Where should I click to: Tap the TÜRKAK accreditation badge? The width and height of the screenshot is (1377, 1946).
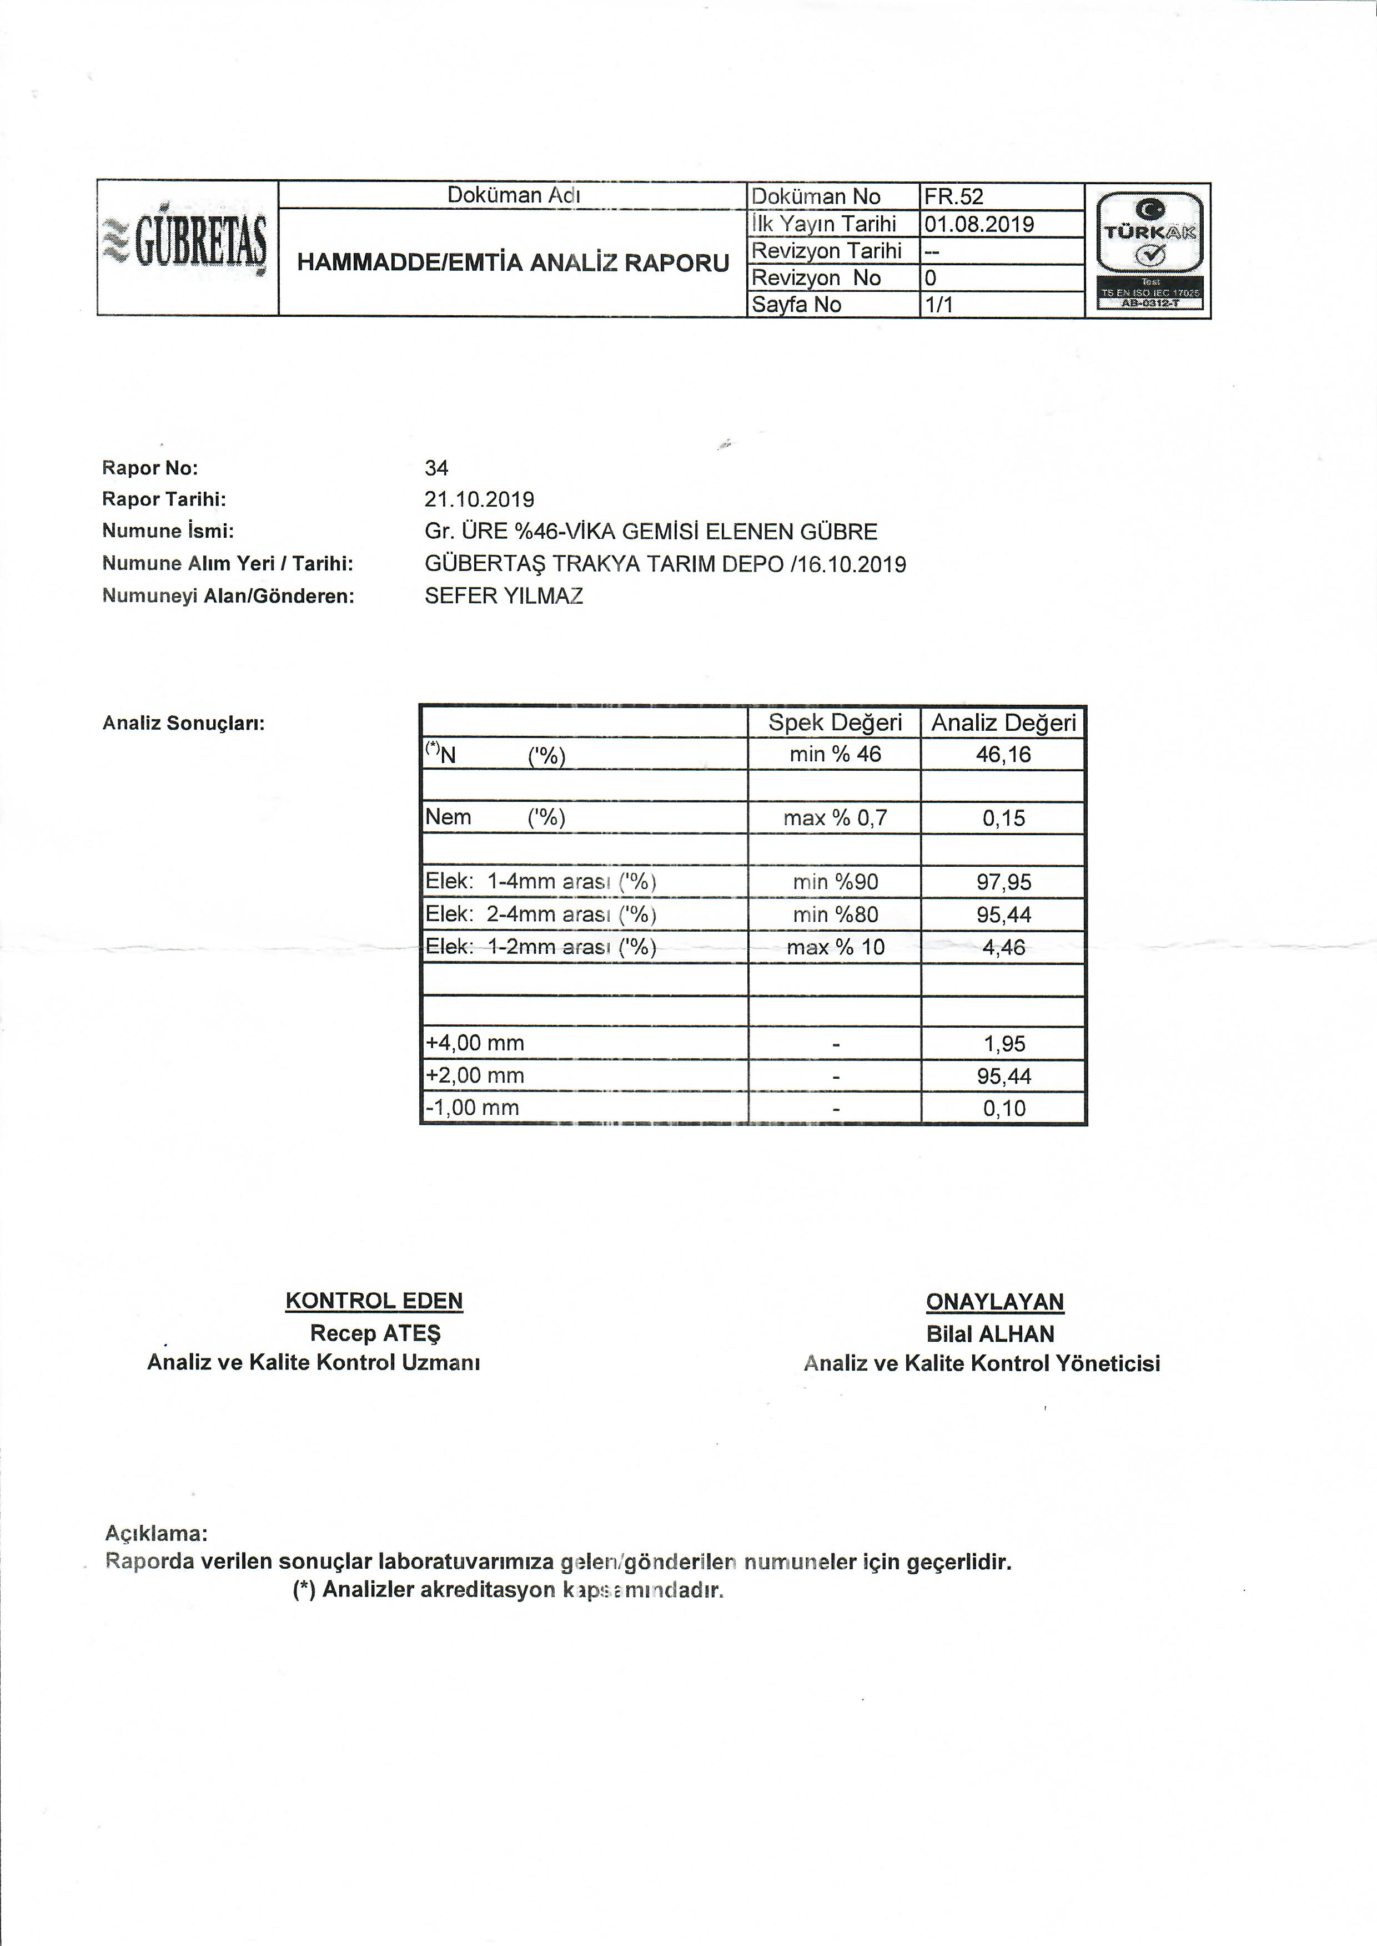click(1149, 250)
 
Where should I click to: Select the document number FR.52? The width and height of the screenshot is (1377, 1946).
click(954, 196)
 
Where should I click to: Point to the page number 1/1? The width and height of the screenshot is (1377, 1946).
click(939, 304)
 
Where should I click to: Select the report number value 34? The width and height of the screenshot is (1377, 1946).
click(436, 468)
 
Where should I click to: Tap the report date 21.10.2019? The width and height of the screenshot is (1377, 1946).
click(480, 499)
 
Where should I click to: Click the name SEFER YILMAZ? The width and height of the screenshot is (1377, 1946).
click(504, 596)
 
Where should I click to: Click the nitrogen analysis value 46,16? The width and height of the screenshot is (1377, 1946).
click(1003, 754)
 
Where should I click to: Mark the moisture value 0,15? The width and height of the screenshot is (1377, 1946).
click(1003, 818)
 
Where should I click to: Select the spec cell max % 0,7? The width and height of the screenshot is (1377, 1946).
click(835, 818)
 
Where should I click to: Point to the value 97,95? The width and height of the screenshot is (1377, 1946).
click(1003, 882)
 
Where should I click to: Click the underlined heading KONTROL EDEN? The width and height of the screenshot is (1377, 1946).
click(374, 1301)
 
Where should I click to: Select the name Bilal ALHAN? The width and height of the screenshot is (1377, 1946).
click(991, 1334)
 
